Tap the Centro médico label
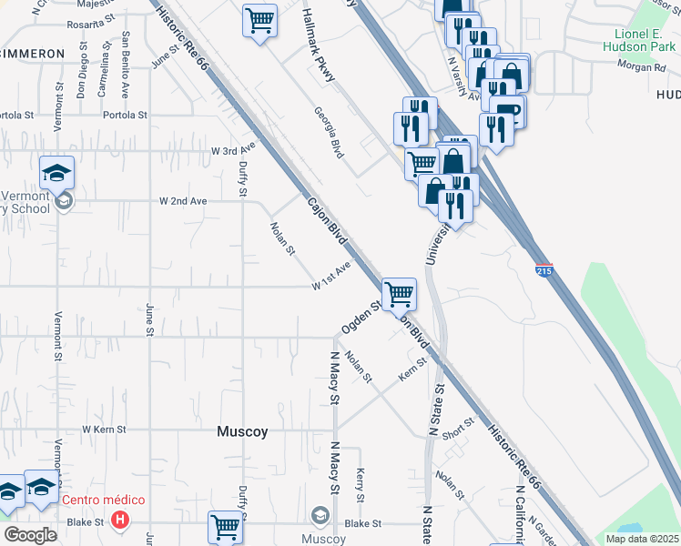103,500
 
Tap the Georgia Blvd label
329,133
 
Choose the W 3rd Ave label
233,149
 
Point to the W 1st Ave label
331,276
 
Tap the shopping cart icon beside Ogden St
399,295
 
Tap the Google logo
30,535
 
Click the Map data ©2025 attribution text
642,539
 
